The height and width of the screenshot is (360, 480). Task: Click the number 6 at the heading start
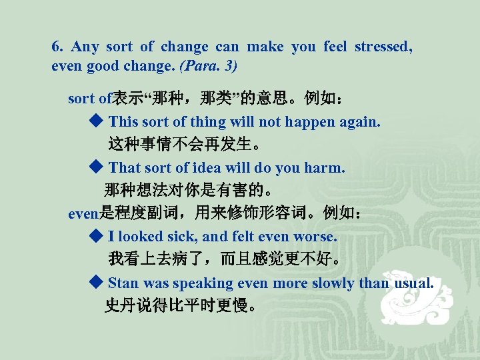[56, 47]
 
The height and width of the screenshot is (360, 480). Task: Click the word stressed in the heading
[383, 47]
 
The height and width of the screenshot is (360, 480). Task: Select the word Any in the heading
[85, 47]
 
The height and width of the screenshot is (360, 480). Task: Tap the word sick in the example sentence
[183, 236]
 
